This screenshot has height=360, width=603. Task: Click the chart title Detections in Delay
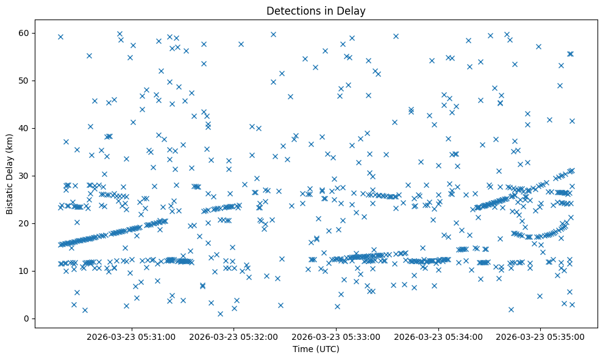point(316,11)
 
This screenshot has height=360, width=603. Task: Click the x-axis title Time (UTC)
point(316,349)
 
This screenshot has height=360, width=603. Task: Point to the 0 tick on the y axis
point(27,319)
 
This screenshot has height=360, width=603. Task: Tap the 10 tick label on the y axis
point(24,271)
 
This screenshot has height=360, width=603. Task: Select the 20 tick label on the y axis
point(24,223)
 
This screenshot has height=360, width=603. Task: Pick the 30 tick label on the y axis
point(24,176)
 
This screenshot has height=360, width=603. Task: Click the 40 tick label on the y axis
point(24,128)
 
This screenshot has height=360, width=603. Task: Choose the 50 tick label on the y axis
point(24,81)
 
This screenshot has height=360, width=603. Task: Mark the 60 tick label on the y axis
point(24,33)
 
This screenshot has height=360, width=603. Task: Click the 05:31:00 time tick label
point(131,336)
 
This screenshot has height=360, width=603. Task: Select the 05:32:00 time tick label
point(234,336)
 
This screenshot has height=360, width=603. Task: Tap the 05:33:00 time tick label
point(336,336)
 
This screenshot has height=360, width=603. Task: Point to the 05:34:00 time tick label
point(438,336)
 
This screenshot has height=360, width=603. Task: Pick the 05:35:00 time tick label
point(541,336)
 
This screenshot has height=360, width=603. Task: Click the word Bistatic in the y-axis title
point(10,195)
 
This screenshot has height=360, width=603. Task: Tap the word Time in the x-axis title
point(304,349)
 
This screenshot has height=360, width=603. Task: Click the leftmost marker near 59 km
point(60,37)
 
